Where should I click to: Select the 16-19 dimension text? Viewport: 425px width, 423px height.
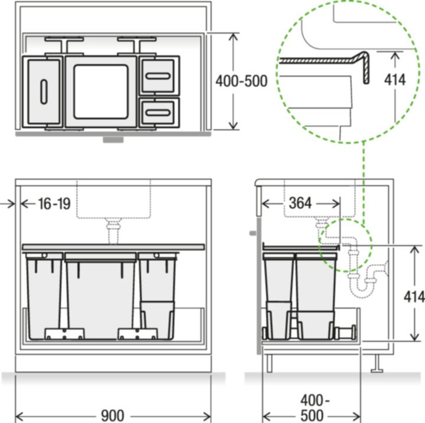click(54, 204)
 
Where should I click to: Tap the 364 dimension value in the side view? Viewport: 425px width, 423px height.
click(300, 203)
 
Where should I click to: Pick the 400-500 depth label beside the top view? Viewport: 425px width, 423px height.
click(241, 81)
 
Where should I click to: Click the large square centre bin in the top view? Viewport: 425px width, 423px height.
click(100, 91)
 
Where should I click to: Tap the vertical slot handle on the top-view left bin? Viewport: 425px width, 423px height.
click(43, 92)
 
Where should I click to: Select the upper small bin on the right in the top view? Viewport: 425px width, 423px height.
click(158, 76)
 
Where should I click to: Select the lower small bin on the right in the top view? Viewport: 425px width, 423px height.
click(158, 112)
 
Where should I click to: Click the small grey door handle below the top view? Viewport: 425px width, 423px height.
click(113, 140)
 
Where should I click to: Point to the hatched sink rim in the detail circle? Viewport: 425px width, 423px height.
click(331, 61)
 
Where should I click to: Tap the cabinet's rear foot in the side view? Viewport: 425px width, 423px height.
click(374, 367)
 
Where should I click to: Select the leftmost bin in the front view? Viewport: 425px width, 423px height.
click(42, 295)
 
